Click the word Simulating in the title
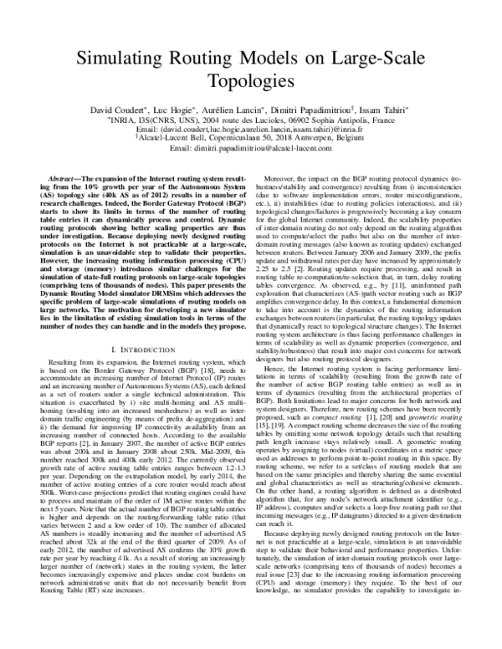click(117, 58)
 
